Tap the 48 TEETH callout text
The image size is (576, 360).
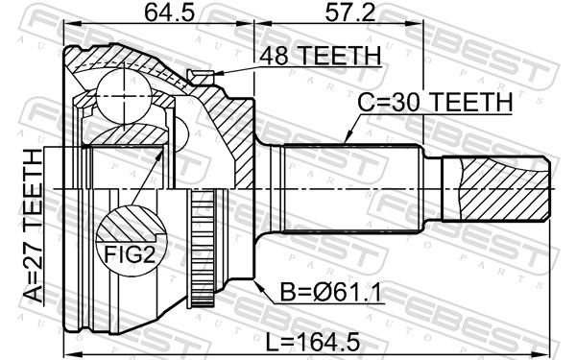pyautogui.click(x=321, y=57)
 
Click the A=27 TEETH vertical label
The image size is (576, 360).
pyautogui.click(x=33, y=227)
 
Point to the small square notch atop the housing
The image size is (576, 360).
pyautogui.click(x=201, y=77)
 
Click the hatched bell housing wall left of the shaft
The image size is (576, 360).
pyautogui.click(x=230, y=134)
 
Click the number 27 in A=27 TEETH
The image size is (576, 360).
pyautogui.click(x=33, y=257)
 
